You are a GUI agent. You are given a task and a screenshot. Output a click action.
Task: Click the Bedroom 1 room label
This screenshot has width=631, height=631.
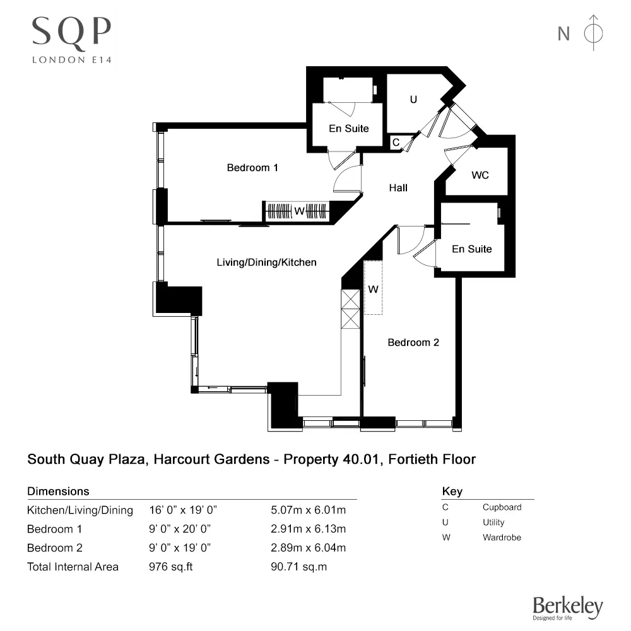[252, 168]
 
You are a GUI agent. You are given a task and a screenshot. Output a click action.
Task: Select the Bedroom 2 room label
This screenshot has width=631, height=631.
[413, 343]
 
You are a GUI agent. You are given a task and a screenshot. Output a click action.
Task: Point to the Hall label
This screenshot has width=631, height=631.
[398, 188]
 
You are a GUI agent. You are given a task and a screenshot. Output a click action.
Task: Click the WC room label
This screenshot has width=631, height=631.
[480, 175]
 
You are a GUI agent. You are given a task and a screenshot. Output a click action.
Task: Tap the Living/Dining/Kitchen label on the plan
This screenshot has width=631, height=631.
[266, 262]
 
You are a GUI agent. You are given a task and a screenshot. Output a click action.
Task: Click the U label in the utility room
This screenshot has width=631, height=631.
[414, 99]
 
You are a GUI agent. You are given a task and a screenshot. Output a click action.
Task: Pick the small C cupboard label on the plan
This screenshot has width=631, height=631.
[396, 143]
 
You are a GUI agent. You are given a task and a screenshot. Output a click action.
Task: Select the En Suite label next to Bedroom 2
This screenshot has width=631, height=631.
[472, 249]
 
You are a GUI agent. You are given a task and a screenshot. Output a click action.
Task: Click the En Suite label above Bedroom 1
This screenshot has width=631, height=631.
[349, 129]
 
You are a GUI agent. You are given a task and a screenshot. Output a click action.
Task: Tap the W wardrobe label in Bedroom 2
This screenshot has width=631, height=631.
[374, 290]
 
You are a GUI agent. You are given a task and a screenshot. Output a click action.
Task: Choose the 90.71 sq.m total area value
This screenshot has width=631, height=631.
[298, 567]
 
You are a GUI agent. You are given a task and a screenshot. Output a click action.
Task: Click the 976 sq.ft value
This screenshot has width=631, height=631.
[171, 567]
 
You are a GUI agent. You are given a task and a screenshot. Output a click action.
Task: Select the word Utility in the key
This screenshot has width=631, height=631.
[493, 522]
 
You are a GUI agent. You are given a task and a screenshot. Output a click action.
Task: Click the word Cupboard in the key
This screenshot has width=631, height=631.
[502, 507]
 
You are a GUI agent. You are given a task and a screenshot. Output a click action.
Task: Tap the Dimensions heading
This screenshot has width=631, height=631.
[58, 491]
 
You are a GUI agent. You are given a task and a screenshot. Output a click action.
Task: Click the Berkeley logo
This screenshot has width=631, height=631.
[568, 608]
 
